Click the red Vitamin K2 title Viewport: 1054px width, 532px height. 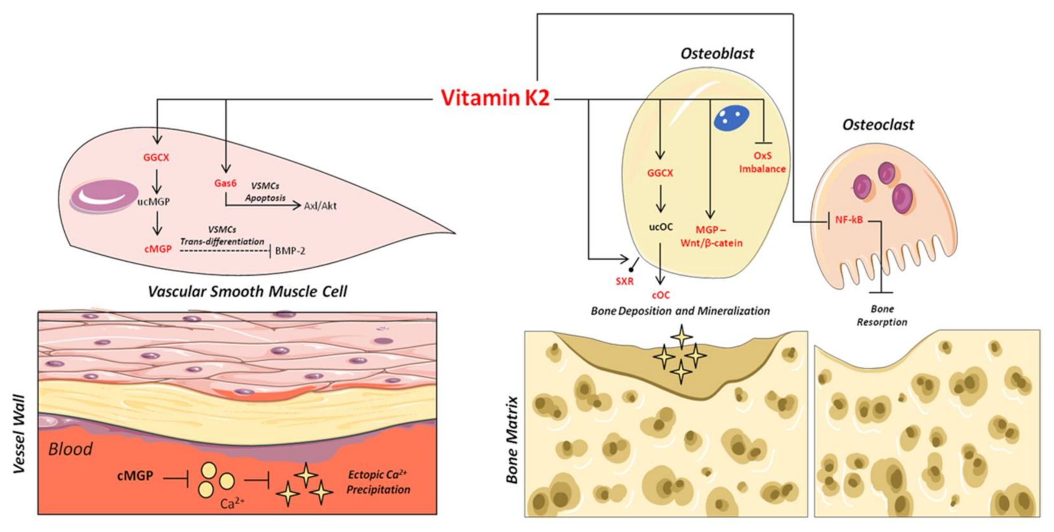tap(495, 98)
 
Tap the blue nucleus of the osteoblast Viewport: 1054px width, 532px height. tap(731, 118)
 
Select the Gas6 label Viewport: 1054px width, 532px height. tap(225, 183)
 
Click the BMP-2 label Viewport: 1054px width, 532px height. tap(290, 250)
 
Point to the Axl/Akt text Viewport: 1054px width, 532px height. tap(320, 206)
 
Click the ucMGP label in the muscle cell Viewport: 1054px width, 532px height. tap(153, 202)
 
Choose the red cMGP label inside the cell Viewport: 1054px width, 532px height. tap(158, 249)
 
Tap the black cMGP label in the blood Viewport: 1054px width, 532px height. tap(135, 475)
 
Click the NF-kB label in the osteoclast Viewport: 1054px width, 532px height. tap(849, 219)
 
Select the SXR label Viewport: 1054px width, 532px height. tap(624, 281)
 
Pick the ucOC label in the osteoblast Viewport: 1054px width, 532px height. tap(660, 227)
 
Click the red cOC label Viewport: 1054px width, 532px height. tap(660, 295)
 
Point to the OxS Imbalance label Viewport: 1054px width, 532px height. tap(762, 162)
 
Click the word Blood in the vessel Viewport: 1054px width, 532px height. tap(70, 449)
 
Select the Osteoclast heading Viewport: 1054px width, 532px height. tap(878, 125)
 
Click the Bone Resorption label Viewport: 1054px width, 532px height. tap(882, 315)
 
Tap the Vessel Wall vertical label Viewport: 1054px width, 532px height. tap(19, 434)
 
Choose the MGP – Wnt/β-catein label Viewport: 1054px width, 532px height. tap(711, 237)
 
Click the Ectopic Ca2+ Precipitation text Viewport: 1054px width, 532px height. tap(378, 482)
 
